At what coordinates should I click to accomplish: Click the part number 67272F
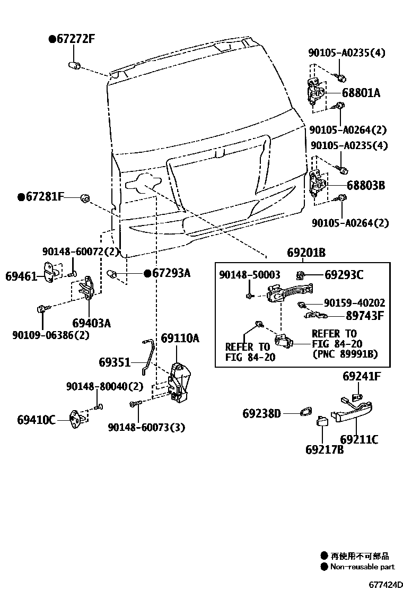point(75,39)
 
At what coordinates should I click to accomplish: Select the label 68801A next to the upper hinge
point(361,93)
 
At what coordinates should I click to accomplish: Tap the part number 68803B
point(366,186)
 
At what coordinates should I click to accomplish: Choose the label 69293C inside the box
point(344,275)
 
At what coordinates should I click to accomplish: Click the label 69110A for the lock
point(180,338)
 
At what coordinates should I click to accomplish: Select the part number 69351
point(114,362)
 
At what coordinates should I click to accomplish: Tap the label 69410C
point(36,420)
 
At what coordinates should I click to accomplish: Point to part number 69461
point(21,276)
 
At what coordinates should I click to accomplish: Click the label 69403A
point(91,323)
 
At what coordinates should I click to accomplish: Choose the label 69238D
point(261,413)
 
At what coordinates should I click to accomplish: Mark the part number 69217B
point(324,449)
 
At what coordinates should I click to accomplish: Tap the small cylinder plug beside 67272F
point(74,66)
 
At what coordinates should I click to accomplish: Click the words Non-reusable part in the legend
point(363,567)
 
